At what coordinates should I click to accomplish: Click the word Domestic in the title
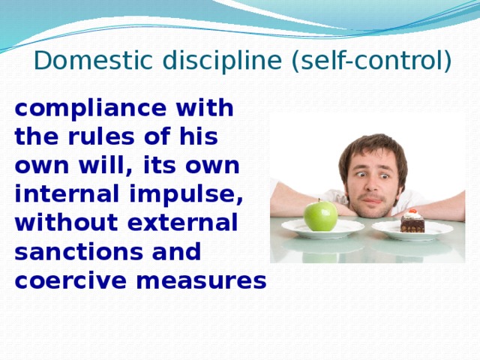coord(93,60)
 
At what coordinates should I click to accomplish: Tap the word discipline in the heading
coord(224,60)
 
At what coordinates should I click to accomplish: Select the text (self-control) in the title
coord(372,61)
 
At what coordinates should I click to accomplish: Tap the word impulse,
coord(187,196)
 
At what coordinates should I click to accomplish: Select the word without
coord(67,222)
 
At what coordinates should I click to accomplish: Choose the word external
coord(182,222)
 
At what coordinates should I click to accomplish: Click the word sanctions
coord(78,252)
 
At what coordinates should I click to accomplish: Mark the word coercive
coord(70,280)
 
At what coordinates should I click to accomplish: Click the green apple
coord(320,216)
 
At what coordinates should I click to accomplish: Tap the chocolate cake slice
coord(412,222)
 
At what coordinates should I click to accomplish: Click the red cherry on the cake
coord(413,211)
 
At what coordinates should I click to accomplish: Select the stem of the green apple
coord(319,200)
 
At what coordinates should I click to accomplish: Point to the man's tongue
coord(372,201)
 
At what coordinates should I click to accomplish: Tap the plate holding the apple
coord(323,229)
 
